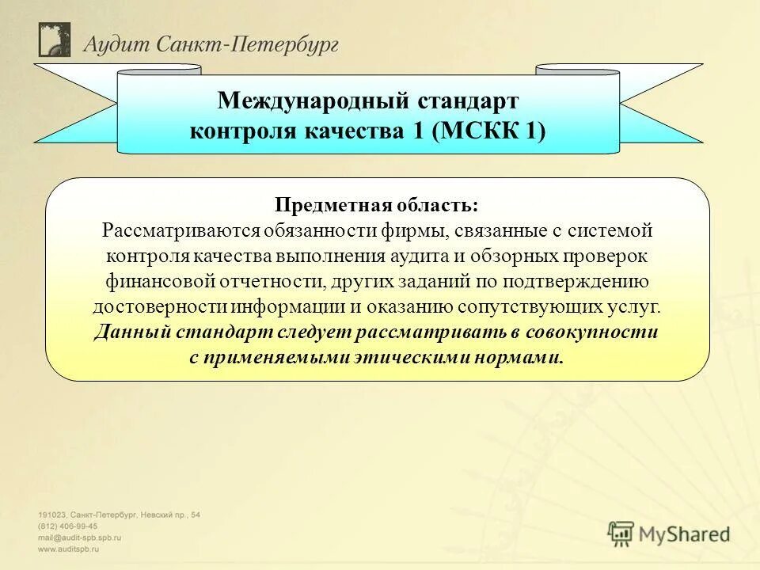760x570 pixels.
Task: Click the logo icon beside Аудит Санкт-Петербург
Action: pyautogui.click(x=55, y=40)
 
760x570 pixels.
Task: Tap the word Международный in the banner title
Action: pyautogui.click(x=313, y=101)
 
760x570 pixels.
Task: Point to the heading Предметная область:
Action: pyautogui.click(x=377, y=206)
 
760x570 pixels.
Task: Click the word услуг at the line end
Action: pyautogui.click(x=637, y=307)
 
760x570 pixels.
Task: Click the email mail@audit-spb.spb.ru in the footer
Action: pyautogui.click(x=80, y=537)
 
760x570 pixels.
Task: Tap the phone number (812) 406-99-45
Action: pyautogui.click(x=68, y=526)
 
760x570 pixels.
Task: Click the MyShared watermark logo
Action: pyautogui.click(x=669, y=534)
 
